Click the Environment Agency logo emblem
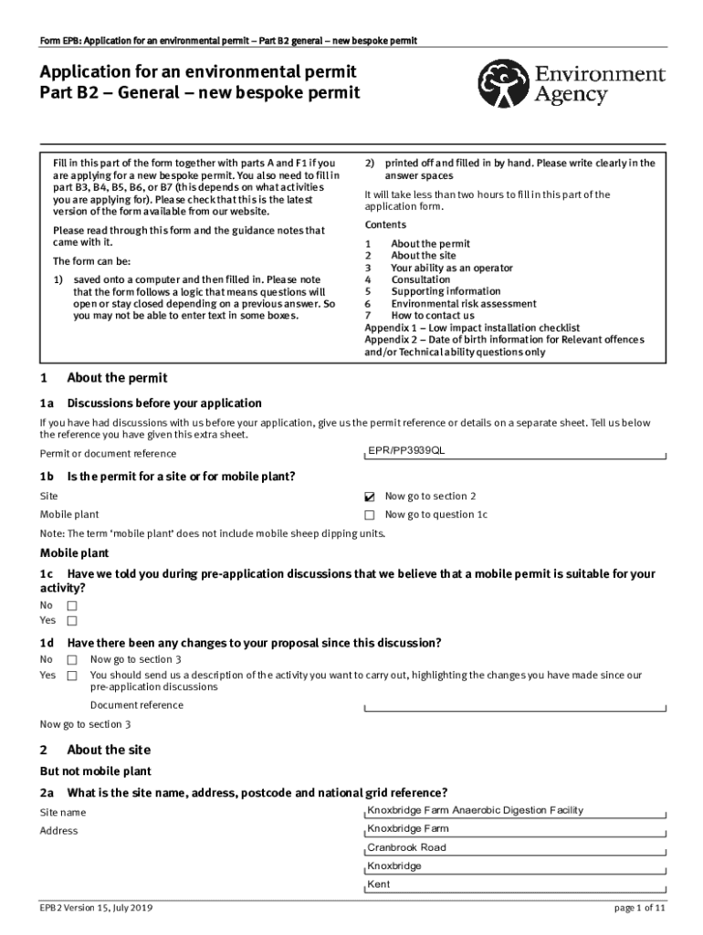[506, 83]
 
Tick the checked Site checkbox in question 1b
[370, 497]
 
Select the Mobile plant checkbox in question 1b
[370, 515]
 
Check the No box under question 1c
[71, 606]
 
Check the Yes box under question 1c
[71, 622]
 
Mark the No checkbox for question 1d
[71, 660]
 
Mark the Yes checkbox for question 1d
[71, 677]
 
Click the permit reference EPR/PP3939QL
[406, 451]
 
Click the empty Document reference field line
[516, 707]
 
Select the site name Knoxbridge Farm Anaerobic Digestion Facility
[475, 811]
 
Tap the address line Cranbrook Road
[406, 847]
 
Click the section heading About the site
[108, 750]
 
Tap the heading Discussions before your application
[164, 403]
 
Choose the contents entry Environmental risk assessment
[464, 304]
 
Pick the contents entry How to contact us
[433, 316]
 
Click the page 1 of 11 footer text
[640, 909]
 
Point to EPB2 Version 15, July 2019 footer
[96, 909]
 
